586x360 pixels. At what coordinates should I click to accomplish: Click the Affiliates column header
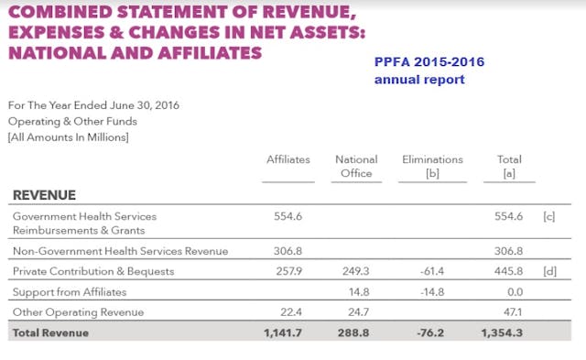pyautogui.click(x=288, y=159)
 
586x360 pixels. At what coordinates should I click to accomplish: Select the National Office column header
pyautogui.click(x=356, y=166)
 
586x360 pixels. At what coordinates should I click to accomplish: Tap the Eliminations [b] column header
pyautogui.click(x=432, y=166)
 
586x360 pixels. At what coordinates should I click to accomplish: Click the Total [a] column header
pyautogui.click(x=509, y=166)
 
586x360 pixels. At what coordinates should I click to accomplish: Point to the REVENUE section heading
pyautogui.click(x=44, y=195)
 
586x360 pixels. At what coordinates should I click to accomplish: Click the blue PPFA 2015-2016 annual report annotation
pyautogui.click(x=429, y=71)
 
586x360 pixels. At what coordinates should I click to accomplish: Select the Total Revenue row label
pyautogui.click(x=50, y=333)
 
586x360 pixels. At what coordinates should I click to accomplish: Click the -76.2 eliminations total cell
pyautogui.click(x=432, y=333)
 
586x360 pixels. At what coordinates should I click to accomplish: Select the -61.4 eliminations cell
pyautogui.click(x=432, y=272)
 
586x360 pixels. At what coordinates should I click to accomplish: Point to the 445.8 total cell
pyautogui.click(x=508, y=272)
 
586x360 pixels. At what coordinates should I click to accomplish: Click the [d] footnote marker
pyautogui.click(x=549, y=272)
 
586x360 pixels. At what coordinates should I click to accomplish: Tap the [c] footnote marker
pyautogui.click(x=549, y=216)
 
